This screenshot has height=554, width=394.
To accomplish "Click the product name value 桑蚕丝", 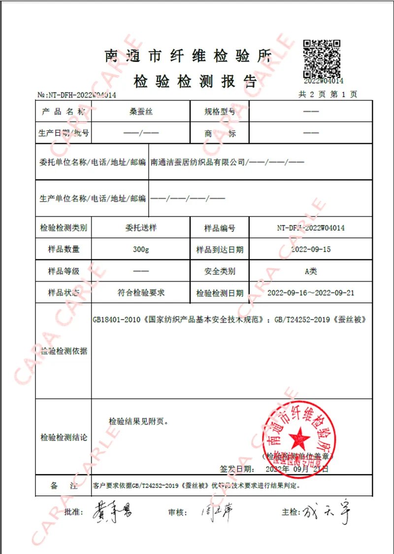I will (140, 112).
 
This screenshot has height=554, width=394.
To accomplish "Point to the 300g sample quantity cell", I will (140, 250).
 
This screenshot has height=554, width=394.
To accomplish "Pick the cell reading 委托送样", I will (140, 228).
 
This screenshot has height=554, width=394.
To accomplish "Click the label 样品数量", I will (64, 250).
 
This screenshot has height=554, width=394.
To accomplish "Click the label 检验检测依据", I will (64, 351).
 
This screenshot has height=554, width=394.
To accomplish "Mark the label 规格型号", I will (220, 112).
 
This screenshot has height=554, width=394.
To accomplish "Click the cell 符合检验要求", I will (140, 293).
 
